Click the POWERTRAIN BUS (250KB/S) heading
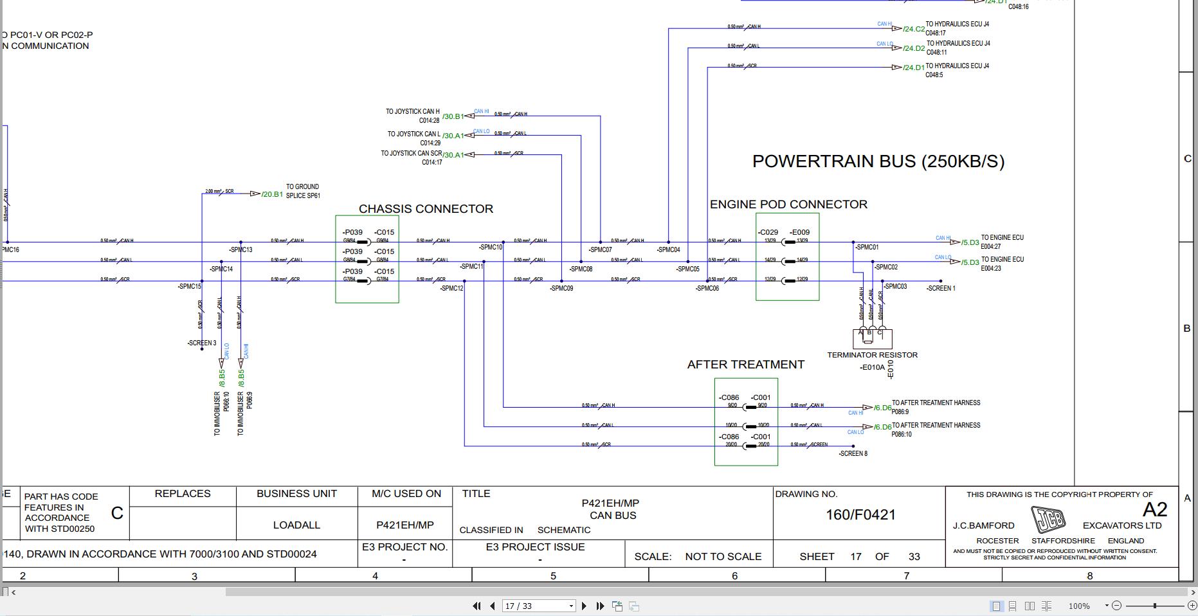878,161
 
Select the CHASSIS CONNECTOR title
426,209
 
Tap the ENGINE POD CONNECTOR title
788,204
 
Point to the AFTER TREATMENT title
745,365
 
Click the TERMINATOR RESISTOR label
872,355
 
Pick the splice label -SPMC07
600,250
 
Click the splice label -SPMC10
491,248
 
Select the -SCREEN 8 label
853,454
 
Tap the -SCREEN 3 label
202,343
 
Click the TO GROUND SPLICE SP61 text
302,191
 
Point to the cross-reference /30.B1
453,116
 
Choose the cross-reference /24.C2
913,29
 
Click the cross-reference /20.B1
272,194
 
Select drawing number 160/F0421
860,515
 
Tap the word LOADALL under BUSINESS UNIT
296,525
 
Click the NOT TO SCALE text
723,557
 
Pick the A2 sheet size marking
1154,510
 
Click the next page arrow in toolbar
584,606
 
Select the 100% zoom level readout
1079,606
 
